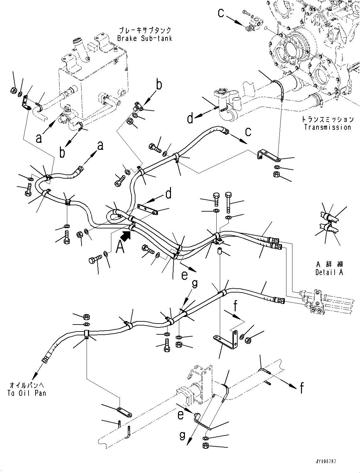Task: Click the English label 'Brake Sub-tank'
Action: pos(145,38)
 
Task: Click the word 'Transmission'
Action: pos(328,127)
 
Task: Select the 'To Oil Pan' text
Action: pos(28,393)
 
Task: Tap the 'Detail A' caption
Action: pos(329,272)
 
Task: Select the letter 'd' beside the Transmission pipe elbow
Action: pos(190,119)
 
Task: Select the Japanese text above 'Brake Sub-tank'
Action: pos(145,30)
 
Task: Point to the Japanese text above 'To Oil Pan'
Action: pos(27,385)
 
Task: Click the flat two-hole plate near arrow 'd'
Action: pos(147,210)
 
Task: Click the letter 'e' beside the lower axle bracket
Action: pos(180,415)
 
